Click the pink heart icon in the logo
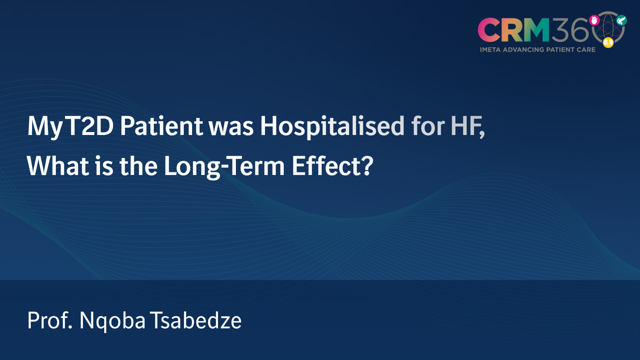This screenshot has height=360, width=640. click(x=594, y=20)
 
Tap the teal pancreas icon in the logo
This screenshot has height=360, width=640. click(x=621, y=20)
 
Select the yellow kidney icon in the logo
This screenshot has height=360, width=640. click(x=608, y=42)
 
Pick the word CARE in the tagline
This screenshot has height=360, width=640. click(x=586, y=50)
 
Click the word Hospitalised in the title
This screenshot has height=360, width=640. click(x=332, y=126)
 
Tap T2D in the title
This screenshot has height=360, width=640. click(x=90, y=126)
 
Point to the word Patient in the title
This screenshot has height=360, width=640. click(x=161, y=126)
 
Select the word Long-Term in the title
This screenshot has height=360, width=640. click(x=224, y=166)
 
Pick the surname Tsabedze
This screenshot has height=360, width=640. click(x=196, y=320)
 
